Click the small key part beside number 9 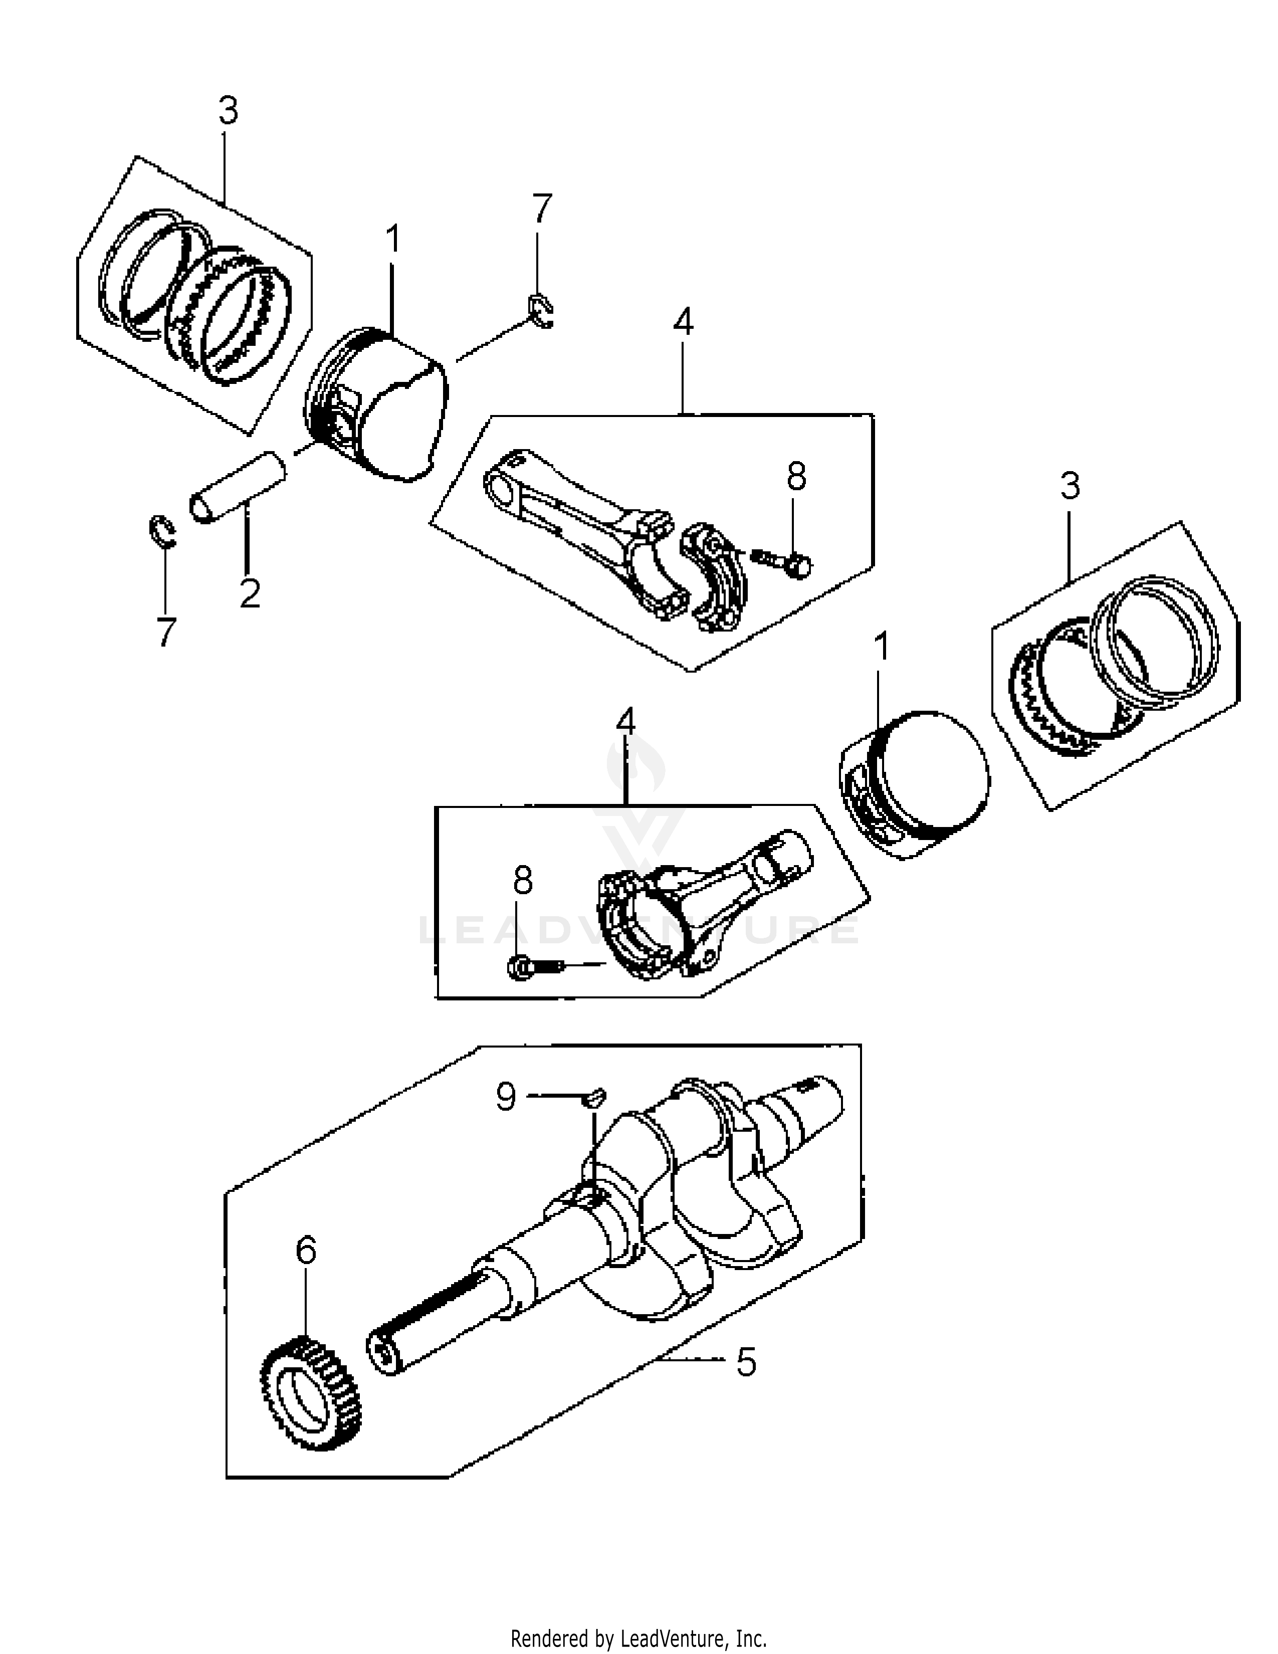[x=596, y=1097]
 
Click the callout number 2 [x=250, y=592]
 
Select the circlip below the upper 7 [x=541, y=311]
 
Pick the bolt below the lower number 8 [x=538, y=967]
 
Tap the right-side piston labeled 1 [x=915, y=784]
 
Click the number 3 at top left [x=228, y=111]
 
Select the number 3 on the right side [x=1069, y=486]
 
